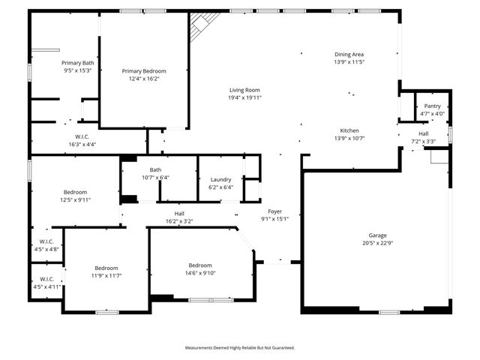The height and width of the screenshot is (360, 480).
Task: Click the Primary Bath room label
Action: coord(77,63)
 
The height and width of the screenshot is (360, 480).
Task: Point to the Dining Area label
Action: coord(349,55)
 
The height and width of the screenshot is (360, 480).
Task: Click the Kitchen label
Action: coord(349,130)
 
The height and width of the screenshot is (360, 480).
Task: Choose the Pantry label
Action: coord(433,106)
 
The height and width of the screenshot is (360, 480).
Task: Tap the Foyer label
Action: coord(274,211)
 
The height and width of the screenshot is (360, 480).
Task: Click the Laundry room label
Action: coord(220,179)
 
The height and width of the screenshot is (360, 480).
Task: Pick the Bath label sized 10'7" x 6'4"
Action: coord(155,169)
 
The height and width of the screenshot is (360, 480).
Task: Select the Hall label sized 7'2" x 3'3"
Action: coord(423,133)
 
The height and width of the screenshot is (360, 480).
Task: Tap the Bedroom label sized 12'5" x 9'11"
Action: coord(75,192)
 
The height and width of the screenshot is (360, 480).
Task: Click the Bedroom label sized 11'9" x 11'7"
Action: coord(106,268)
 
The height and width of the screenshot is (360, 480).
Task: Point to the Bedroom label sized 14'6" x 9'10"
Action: coord(200,265)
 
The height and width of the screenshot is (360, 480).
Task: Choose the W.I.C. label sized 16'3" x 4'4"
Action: coord(82,136)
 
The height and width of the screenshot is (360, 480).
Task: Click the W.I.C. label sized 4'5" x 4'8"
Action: coord(46,241)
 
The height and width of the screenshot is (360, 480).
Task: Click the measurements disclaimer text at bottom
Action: coord(240,347)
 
